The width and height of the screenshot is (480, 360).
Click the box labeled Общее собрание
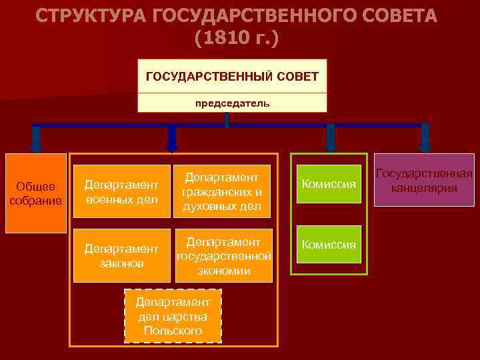click(36, 193)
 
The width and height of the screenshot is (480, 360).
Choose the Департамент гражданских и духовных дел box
click(223, 191)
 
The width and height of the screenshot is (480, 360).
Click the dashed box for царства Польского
click(173, 316)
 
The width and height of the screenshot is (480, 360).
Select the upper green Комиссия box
click(329, 183)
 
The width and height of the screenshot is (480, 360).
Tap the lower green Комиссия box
click(329, 245)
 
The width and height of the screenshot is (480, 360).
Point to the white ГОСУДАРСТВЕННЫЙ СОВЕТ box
click(232, 77)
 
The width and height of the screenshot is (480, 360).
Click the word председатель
click(232, 103)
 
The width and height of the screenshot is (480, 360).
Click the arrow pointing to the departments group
click(172, 140)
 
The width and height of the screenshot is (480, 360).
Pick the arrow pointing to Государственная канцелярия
click(425, 140)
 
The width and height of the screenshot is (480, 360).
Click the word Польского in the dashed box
click(173, 331)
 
